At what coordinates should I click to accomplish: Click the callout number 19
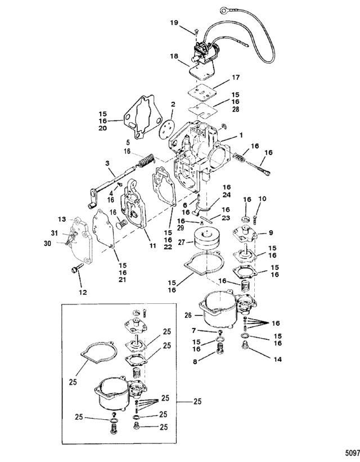pos(174,22)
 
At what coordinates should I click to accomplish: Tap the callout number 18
pos(174,56)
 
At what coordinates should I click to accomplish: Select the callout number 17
pos(235,77)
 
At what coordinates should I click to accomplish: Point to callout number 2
pos(157,104)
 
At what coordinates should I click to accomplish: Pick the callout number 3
pos(106,164)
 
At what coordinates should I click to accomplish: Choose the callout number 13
pos(62,218)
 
